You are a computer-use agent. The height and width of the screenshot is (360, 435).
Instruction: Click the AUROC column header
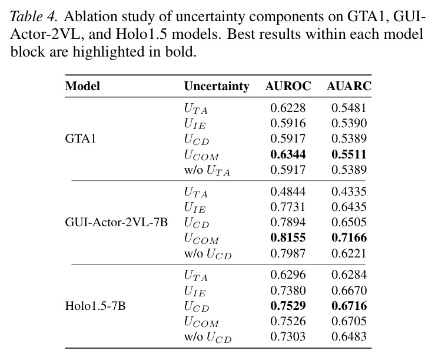point(288,86)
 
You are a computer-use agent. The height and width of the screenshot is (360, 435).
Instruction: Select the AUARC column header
point(349,86)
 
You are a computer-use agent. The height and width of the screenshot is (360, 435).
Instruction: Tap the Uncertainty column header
point(217,87)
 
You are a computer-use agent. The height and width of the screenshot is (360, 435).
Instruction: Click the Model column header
point(82,86)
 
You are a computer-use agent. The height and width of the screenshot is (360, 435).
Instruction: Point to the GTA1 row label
point(81,138)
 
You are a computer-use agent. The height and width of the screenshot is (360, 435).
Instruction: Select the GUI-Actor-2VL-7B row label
point(117,222)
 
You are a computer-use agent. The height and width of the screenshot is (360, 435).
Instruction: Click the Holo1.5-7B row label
point(95,306)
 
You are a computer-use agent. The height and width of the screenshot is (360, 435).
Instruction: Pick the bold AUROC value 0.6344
point(288,154)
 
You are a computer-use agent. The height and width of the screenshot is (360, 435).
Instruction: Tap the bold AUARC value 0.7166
point(349,237)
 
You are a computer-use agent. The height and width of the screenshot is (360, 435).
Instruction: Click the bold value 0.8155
point(288,237)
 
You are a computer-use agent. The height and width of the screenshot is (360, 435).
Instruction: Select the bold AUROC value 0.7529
point(288,306)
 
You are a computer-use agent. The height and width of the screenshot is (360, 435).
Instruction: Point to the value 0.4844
point(288,191)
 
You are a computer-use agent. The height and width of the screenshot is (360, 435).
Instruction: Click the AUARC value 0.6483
point(349,336)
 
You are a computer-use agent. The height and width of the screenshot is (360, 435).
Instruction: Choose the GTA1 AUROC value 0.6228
point(288,108)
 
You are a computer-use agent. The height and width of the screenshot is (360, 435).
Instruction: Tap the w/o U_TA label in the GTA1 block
point(207,170)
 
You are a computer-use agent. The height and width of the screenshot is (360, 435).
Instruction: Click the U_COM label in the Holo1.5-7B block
point(201,322)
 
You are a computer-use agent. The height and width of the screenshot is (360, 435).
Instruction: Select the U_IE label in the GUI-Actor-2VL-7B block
point(195,207)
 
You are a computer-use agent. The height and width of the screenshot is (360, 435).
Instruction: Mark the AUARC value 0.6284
point(349,275)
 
